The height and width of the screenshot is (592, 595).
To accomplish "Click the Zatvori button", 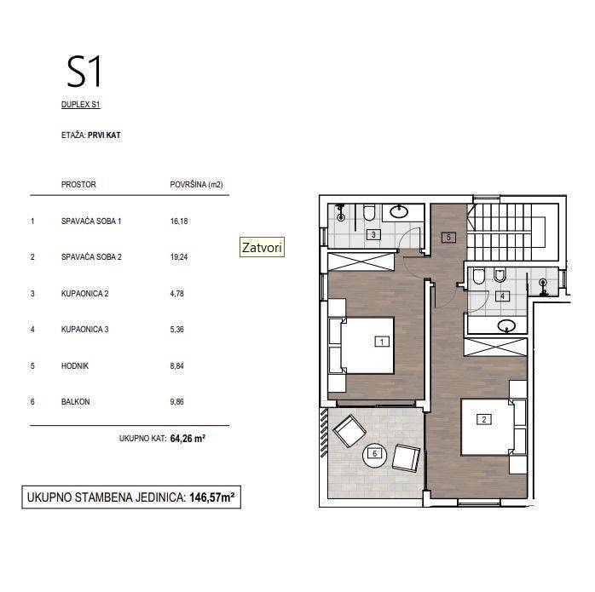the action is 262,247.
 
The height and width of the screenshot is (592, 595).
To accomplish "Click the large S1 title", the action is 84,72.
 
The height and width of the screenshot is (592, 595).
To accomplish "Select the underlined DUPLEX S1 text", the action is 81,104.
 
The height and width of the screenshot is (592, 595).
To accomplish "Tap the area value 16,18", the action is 179,221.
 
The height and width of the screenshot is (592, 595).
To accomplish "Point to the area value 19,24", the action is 179,257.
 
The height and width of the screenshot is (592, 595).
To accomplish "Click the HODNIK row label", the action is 75,366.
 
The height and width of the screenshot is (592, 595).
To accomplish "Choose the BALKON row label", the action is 76,401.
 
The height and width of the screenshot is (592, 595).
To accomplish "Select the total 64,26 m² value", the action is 188,439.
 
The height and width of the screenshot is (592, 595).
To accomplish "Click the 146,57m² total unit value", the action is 211,497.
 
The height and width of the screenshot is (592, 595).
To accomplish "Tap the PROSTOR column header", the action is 78,185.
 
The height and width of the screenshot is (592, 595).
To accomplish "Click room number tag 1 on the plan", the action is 382,342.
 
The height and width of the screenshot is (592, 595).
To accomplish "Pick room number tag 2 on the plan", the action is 484,419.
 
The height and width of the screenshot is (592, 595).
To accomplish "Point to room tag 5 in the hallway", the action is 448,238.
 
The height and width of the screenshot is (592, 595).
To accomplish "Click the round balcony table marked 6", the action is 374,456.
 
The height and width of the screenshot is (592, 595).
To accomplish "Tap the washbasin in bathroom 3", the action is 399,211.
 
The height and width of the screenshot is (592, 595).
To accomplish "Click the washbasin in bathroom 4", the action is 506,325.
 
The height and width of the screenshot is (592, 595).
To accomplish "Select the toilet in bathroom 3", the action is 369,212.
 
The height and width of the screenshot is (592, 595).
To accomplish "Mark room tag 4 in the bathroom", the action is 502,296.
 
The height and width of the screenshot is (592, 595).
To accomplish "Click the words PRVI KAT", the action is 104,135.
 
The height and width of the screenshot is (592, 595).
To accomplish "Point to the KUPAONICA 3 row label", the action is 85,329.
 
